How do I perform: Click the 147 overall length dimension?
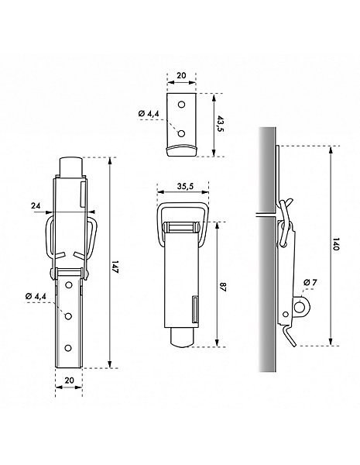pos(115,267)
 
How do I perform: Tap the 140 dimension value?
pos(336,244)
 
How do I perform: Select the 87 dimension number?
pos(223,288)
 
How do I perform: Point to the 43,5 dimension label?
pos(220,125)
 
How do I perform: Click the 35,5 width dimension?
pos(186,186)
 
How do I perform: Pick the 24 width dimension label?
pos(36,205)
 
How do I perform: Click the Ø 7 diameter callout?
pos(310,282)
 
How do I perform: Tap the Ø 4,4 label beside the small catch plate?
pos(149,113)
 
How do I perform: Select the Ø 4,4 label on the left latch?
pos(36,296)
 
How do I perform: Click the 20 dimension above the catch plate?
pos(181,75)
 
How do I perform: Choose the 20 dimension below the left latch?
pos(69,381)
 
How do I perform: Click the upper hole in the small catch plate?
pos(182,105)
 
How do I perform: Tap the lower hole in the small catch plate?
pos(181,134)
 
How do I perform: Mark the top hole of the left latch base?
pos(69,285)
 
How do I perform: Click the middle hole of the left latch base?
pos(68,316)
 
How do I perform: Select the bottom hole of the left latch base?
pos(68,348)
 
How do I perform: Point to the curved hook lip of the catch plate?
pos(181,150)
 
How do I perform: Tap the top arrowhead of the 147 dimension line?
pos(110,160)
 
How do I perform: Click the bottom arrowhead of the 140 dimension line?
pos(331,342)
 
